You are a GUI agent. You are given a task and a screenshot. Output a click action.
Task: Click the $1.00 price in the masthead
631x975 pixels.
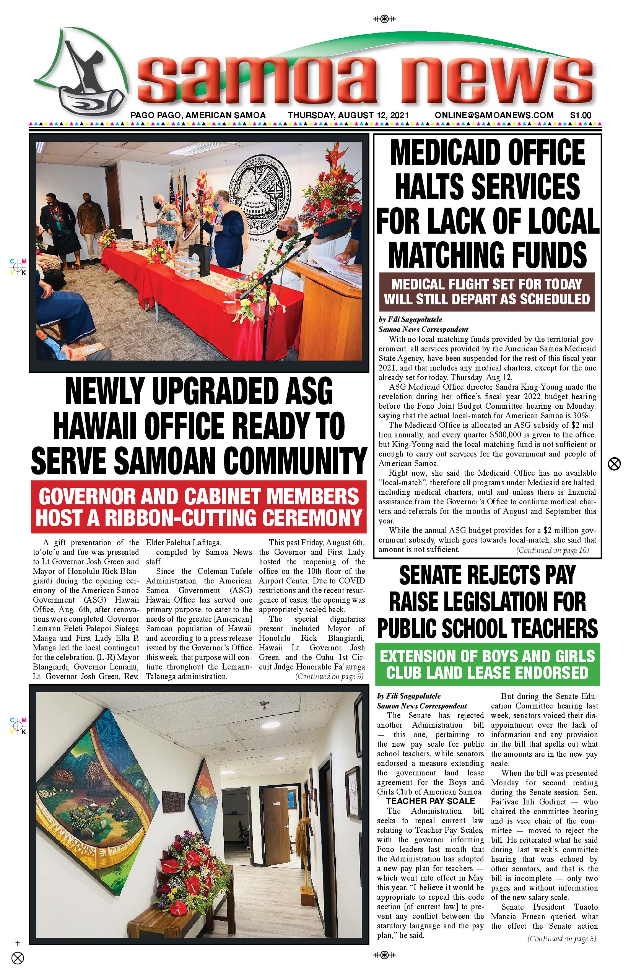coord(581,115)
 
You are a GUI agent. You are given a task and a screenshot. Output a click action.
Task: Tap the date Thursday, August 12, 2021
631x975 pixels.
coord(348,115)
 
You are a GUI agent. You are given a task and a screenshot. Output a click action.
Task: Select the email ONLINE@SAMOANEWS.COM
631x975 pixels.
coord(494,115)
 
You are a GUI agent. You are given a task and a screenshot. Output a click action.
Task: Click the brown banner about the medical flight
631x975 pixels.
coord(487,292)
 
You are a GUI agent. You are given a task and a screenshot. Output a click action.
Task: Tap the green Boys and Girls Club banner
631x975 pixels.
coord(487,664)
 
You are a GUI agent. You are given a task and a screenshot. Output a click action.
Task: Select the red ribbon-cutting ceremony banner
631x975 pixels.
coord(199,507)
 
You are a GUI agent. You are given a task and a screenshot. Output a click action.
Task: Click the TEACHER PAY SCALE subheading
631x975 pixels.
coord(430,801)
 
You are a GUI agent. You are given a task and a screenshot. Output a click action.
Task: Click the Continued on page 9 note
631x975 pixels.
coord(329,676)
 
